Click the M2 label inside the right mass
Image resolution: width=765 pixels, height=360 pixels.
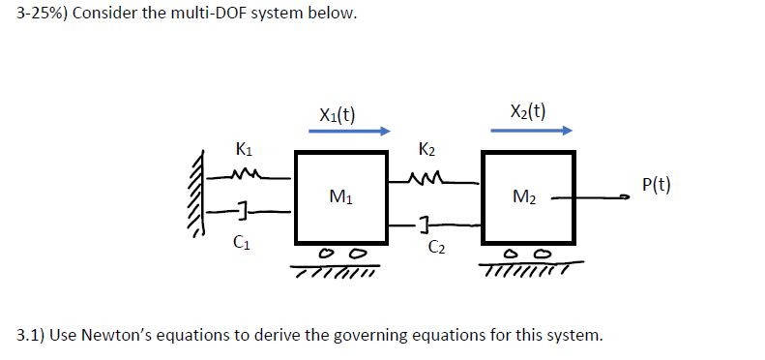coord(525,198)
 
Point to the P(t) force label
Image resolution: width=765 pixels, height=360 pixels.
coord(655,185)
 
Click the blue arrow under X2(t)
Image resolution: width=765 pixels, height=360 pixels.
coord(531,131)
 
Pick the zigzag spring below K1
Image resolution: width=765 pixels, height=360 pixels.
coord(250,175)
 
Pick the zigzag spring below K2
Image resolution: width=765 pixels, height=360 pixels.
coord(428,176)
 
